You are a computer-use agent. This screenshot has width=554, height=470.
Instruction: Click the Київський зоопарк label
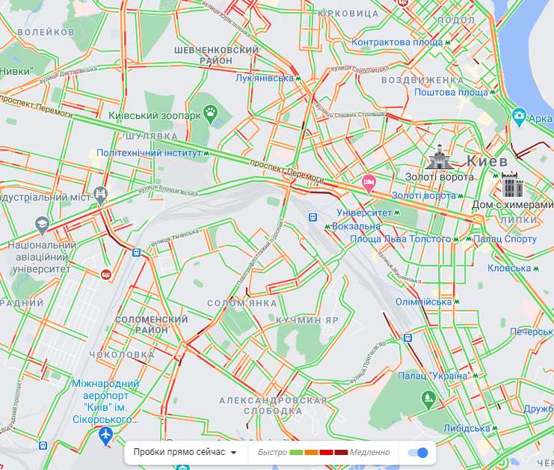point(154,116)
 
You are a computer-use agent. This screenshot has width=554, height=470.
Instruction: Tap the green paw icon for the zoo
point(212,115)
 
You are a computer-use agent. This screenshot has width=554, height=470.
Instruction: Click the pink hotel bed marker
point(369,181)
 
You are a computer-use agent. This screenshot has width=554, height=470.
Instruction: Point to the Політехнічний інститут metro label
point(150,152)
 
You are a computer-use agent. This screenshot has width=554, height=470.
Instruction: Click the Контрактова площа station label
point(398,43)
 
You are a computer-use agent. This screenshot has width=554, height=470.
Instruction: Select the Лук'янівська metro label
point(264,78)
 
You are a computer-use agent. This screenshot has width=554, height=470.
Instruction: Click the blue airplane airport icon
point(105,436)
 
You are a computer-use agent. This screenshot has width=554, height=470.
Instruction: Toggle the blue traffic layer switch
point(419,452)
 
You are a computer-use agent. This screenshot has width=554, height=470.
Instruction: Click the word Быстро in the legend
point(272,452)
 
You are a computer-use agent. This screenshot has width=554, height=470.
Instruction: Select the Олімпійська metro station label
point(423,302)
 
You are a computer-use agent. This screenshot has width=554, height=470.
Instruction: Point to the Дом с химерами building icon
point(511,185)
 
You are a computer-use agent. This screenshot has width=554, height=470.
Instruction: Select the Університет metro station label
point(364,213)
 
